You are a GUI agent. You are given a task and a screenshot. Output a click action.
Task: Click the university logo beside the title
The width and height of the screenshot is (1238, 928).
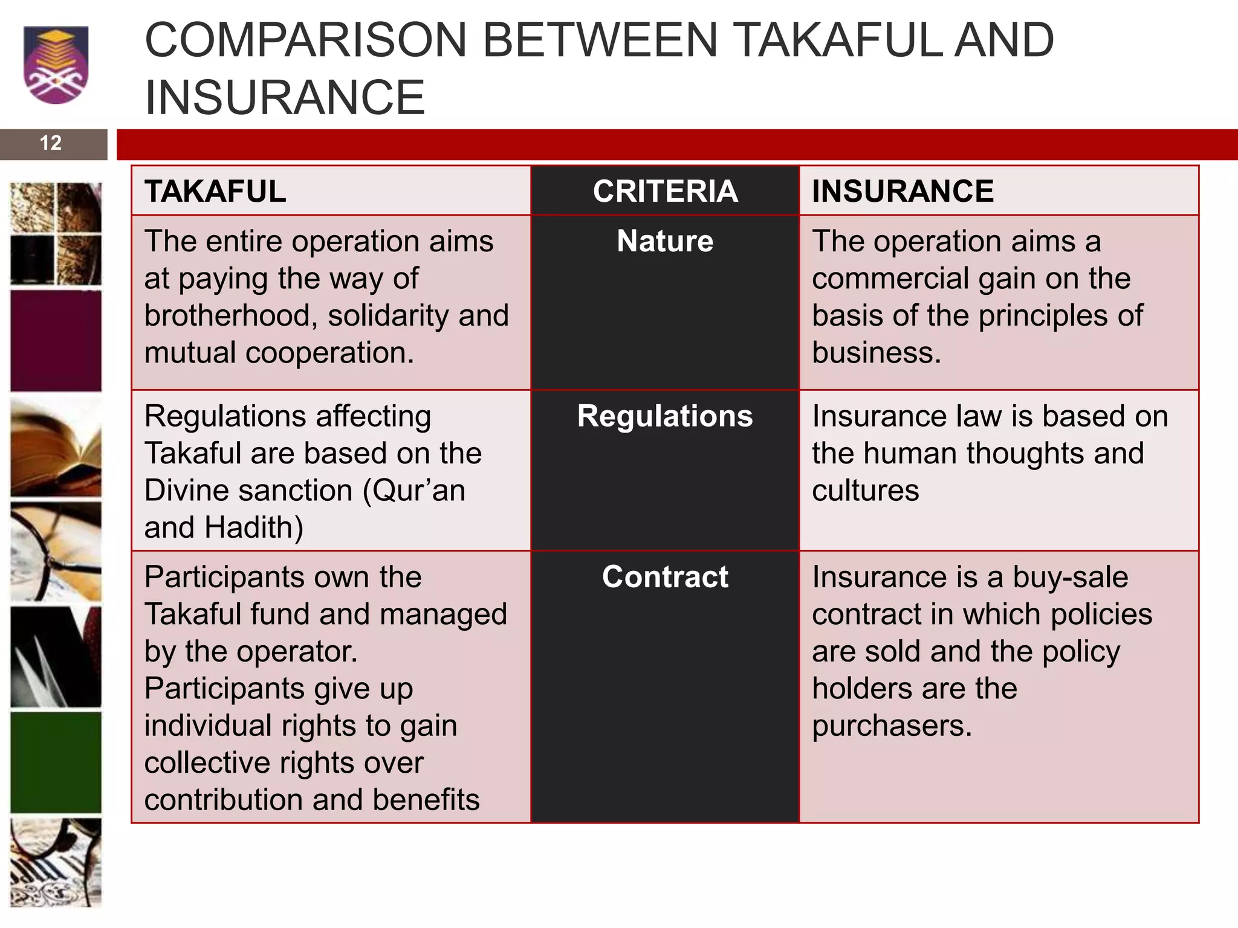tap(56, 65)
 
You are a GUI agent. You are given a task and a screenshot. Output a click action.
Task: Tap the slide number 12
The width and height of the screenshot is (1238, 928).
tap(51, 143)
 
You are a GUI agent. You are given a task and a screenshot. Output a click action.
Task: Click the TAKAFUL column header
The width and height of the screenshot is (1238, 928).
tap(215, 192)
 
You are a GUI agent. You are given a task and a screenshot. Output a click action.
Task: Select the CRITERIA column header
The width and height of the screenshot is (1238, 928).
tap(665, 192)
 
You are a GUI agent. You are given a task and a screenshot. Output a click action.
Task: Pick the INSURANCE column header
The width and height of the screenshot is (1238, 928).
tap(903, 192)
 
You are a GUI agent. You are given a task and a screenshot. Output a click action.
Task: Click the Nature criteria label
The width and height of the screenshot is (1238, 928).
tap(665, 241)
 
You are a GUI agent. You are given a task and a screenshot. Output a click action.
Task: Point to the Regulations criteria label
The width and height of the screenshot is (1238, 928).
tap(665, 416)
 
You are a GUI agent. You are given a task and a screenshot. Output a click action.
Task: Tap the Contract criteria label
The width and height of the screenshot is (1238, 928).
tap(665, 577)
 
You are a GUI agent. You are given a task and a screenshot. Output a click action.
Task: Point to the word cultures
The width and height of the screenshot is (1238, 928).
tap(865, 490)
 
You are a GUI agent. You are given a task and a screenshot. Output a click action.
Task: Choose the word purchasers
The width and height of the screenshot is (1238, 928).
tap(892, 726)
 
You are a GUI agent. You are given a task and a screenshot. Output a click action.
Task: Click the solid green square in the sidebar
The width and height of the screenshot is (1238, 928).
tap(56, 762)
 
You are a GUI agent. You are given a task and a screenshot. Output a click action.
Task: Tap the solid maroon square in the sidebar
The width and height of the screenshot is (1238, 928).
tap(56, 341)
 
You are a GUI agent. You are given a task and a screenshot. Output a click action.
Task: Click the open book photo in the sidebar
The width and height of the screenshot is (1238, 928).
tap(56, 447)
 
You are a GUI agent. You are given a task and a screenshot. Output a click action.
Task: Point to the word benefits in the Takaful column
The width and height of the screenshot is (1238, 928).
tap(426, 800)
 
